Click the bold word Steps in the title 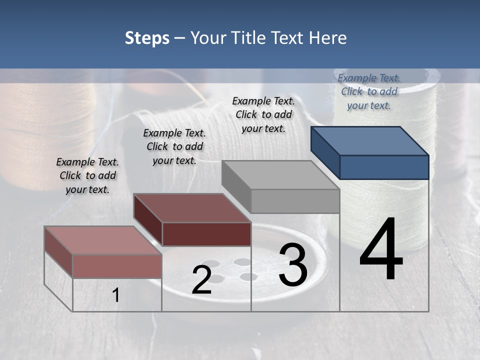(147, 38)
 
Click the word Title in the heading (250, 38)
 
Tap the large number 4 (381, 250)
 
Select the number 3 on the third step (293, 265)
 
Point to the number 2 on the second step (201, 280)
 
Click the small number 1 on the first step (116, 295)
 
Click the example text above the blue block (369, 91)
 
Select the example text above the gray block (263, 114)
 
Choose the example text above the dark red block (174, 146)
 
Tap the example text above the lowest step (87, 175)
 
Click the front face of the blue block (384, 167)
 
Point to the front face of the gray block (295, 201)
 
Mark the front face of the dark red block (206, 234)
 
